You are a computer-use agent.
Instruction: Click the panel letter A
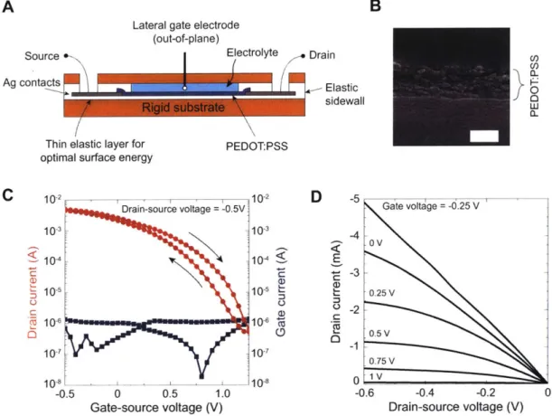(8, 6)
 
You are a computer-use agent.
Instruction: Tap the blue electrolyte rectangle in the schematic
(184, 88)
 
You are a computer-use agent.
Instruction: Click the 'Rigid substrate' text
(183, 108)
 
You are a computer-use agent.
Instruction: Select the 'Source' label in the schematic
(42, 56)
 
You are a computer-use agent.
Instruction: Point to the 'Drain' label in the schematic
(322, 55)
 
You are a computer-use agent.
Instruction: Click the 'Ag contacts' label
(32, 82)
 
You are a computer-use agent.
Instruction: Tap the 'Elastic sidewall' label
(344, 94)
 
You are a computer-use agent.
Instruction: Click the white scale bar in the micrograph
(484, 136)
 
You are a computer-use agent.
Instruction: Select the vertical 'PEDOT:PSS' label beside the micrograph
(535, 86)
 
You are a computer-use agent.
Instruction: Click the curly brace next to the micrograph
(517, 84)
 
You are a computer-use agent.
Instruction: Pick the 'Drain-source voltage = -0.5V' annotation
(183, 209)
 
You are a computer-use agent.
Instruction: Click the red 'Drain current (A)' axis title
(33, 292)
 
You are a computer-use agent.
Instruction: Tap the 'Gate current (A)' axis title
(281, 292)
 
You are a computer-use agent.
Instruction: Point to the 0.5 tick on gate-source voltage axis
(170, 392)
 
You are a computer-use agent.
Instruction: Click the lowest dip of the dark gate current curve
(201, 376)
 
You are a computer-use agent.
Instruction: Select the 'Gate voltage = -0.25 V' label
(431, 206)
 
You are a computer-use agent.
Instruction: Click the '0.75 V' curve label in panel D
(381, 361)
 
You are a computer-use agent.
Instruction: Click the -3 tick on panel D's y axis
(354, 272)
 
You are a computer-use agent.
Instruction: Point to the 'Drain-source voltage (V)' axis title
(456, 407)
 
